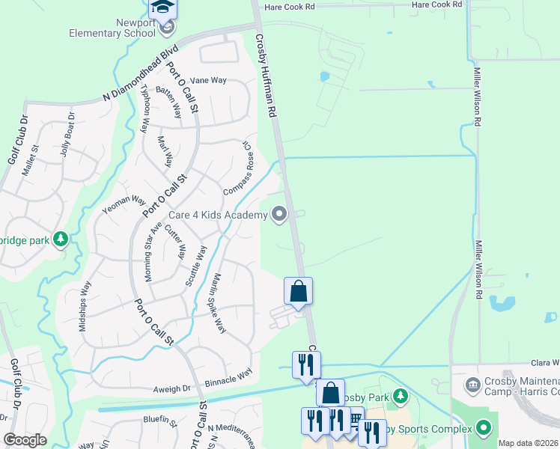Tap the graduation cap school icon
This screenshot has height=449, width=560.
pyautogui.click(x=162, y=9)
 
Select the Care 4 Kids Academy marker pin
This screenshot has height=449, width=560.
pyautogui.click(x=280, y=216)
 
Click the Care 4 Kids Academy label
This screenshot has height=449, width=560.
pyautogui.click(x=217, y=216)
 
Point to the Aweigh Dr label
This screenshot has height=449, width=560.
pyautogui.click(x=172, y=389)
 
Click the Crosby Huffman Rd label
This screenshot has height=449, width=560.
pyautogui.click(x=267, y=75)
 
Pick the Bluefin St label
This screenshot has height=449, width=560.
pyautogui.click(x=159, y=421)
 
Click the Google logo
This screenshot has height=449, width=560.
pyautogui.click(x=25, y=440)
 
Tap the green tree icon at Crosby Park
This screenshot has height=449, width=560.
pyautogui.click(x=402, y=395)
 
